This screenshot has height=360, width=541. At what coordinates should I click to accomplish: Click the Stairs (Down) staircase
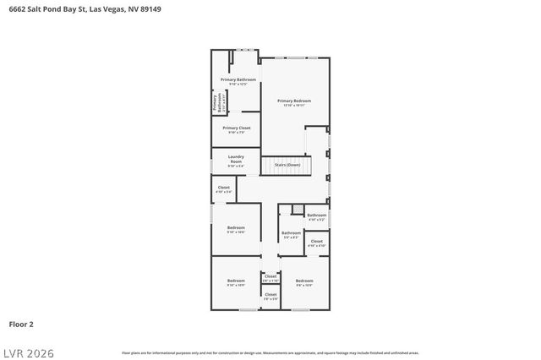pos(287,165)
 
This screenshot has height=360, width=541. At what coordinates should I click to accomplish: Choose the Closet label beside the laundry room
pos(223,188)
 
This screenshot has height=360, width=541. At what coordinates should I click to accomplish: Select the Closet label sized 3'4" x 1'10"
pos(270,277)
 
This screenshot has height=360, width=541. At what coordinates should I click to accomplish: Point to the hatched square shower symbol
pos(297,208)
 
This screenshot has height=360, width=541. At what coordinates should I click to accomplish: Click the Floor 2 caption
pos(21,324)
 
